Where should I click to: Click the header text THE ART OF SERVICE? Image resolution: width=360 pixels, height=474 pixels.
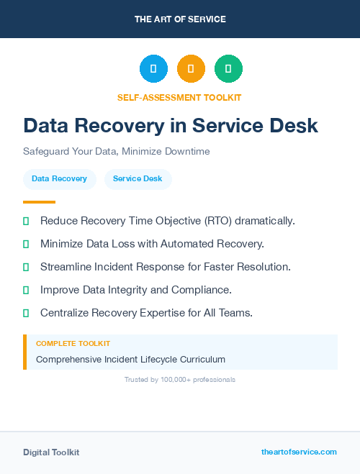tap(179, 19)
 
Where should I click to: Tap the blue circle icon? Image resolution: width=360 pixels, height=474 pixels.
tap(153, 69)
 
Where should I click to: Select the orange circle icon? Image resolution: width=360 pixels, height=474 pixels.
tap(191, 69)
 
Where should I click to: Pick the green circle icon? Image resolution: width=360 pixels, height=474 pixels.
tap(228, 69)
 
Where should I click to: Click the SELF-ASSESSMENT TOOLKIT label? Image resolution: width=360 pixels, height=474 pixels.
tap(179, 97)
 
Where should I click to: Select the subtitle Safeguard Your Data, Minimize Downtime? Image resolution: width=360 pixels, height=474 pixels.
tap(116, 152)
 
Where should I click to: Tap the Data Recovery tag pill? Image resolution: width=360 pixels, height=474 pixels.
tap(59, 179)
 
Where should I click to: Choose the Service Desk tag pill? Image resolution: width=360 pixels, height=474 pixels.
tap(138, 179)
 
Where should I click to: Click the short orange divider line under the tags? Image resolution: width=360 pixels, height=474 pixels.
tap(39, 202)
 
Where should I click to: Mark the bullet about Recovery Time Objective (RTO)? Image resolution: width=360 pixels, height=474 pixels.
tap(168, 221)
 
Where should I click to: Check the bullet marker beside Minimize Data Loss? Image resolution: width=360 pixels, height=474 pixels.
tap(26, 244)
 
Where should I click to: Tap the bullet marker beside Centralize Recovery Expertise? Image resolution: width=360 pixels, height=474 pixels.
tap(26, 313)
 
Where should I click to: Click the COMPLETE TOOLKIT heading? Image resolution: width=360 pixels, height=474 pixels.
tap(73, 344)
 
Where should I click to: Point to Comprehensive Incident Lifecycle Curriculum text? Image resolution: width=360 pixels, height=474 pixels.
tap(130, 359)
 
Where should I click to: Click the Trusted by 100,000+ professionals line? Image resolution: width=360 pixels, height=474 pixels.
tap(179, 379)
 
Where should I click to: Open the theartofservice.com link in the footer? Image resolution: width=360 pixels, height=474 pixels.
tap(299, 452)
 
